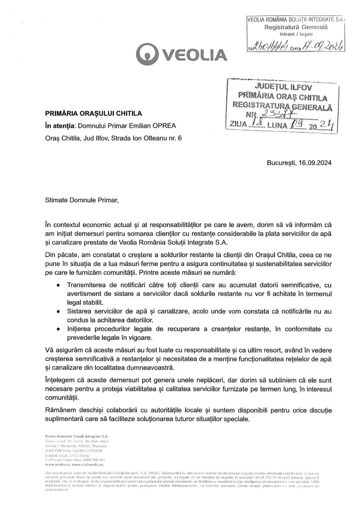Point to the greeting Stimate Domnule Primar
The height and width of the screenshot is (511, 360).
(80, 201)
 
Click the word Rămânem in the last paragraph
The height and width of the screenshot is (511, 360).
(62, 410)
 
